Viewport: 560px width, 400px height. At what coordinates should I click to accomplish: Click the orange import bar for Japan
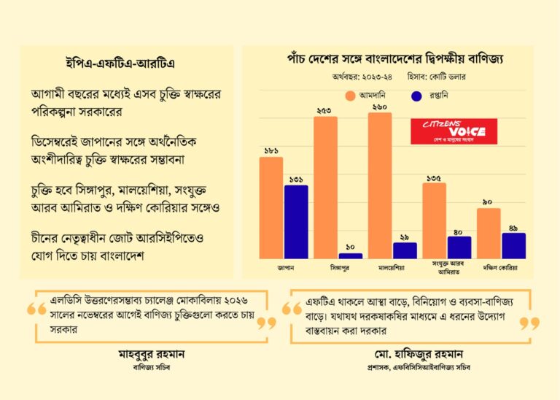[271, 208]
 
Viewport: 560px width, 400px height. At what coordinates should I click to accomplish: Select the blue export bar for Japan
[296, 222]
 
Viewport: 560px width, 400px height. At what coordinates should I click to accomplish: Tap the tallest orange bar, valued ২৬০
[380, 186]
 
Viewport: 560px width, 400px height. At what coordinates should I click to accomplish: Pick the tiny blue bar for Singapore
[350, 255]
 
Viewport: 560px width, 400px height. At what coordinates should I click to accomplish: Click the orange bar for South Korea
[489, 234]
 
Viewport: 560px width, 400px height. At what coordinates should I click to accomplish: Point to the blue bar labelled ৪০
[459, 247]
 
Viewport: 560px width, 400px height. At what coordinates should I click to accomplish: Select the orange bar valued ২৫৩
[326, 188]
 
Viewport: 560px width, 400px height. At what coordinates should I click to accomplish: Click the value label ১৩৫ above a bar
[435, 177]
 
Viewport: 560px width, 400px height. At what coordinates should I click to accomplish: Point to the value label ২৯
[405, 236]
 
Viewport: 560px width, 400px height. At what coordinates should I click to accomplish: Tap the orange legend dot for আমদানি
[349, 95]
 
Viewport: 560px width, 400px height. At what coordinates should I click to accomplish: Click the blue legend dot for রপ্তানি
[418, 95]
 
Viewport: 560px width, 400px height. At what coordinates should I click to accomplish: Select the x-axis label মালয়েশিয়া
[392, 268]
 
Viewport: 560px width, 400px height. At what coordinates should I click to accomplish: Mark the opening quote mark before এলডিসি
[36, 310]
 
